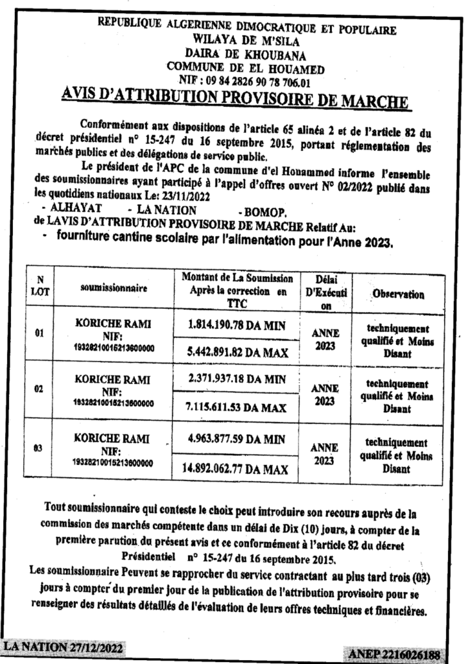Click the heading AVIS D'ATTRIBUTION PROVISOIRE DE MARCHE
click(235, 99)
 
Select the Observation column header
click(398, 294)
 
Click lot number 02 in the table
click(40, 391)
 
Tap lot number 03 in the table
click(40, 447)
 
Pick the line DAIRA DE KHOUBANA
click(246, 54)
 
